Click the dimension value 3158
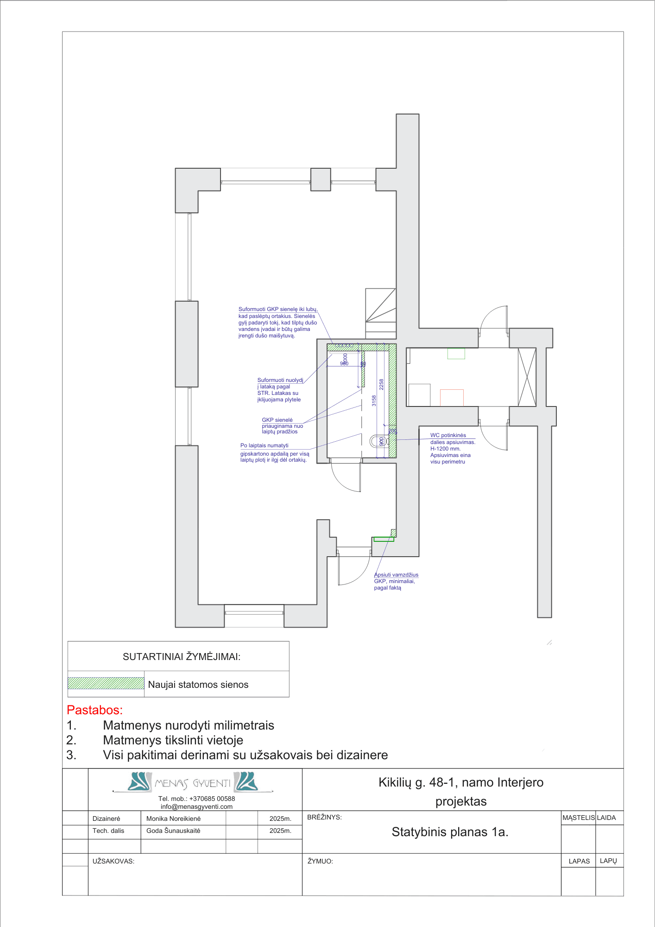pyautogui.click(x=374, y=400)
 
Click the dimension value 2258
pyautogui.click(x=381, y=384)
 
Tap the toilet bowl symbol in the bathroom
pyautogui.click(x=378, y=441)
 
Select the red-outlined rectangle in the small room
pyautogui.click(x=452, y=398)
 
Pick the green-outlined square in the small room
pyautogui.click(x=456, y=353)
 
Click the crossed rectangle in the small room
pyautogui.click(x=527, y=377)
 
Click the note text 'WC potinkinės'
pyautogui.click(x=448, y=435)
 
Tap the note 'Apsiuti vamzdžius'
pyautogui.click(x=396, y=575)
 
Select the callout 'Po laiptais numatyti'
pyautogui.click(x=264, y=445)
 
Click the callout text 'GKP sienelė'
pyautogui.click(x=277, y=420)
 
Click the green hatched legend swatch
pyautogui.click(x=106, y=683)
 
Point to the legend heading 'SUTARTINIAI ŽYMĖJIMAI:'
pyautogui.click(x=182, y=656)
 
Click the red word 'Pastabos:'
pyautogui.click(x=95, y=710)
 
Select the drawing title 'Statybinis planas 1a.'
pyautogui.click(x=450, y=832)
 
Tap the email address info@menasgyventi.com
pyautogui.click(x=196, y=806)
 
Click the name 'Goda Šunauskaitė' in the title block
pyautogui.click(x=173, y=831)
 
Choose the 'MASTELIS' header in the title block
pyautogui.click(x=578, y=818)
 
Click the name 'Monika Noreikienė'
pyautogui.click(x=173, y=819)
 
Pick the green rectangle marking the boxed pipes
pyautogui.click(x=384, y=539)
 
